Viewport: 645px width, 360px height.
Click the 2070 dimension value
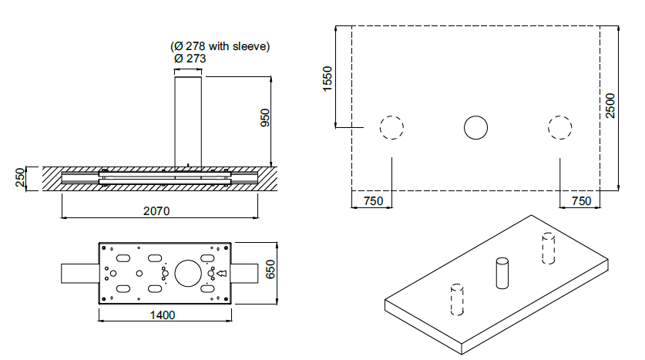click(156, 211)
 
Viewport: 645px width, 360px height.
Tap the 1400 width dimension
click(163, 315)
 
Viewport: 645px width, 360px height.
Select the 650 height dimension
click(270, 270)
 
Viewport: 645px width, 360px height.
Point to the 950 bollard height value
click(266, 118)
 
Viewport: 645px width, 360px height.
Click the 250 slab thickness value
click(20, 178)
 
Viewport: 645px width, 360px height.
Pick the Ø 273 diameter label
click(190, 59)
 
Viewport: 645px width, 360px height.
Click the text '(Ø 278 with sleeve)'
click(220, 46)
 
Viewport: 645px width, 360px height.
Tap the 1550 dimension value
click(328, 79)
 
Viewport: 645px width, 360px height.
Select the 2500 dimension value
click(610, 106)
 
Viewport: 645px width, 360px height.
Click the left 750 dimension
click(374, 200)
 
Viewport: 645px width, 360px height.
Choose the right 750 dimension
click(582, 200)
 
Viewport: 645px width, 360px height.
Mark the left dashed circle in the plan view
click(391, 116)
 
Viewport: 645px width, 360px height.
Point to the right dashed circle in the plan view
click(560, 116)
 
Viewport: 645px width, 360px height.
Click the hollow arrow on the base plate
click(222, 273)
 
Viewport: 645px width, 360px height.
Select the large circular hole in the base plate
click(188, 260)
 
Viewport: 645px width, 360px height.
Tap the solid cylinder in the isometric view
click(502, 273)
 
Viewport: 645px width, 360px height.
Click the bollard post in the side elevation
click(188, 122)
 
